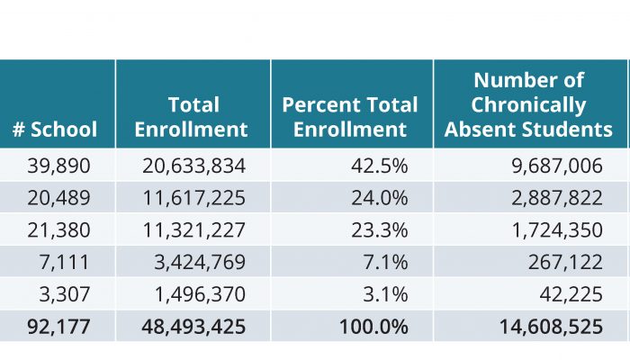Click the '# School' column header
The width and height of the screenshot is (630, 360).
[x=55, y=130]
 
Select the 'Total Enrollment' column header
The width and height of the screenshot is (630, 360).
[x=191, y=117]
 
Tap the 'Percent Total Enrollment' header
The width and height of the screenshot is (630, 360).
[x=350, y=117]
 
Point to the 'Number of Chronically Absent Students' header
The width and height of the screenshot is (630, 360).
[x=528, y=105]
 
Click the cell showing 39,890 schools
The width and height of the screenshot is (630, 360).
[x=58, y=166]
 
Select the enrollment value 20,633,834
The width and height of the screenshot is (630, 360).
[x=193, y=166]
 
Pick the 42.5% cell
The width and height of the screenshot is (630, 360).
[x=379, y=166]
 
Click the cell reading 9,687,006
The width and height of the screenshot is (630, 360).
[x=557, y=166]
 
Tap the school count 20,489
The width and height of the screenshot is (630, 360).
[x=58, y=198]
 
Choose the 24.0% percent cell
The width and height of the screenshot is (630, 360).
[x=379, y=198]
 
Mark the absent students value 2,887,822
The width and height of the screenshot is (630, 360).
[x=557, y=198]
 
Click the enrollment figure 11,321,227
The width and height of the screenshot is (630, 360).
[x=193, y=229]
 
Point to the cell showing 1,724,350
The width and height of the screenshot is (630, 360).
[x=557, y=229]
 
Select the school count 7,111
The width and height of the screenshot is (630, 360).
[x=64, y=262]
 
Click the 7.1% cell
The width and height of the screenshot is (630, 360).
[x=385, y=262]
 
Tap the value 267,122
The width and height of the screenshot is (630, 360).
[x=565, y=262]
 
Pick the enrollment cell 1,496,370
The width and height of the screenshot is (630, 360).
[x=200, y=294]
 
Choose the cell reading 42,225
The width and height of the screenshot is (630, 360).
[x=571, y=294]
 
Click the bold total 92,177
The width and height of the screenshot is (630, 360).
[x=58, y=326]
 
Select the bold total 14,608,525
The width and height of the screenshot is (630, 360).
[x=551, y=326]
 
